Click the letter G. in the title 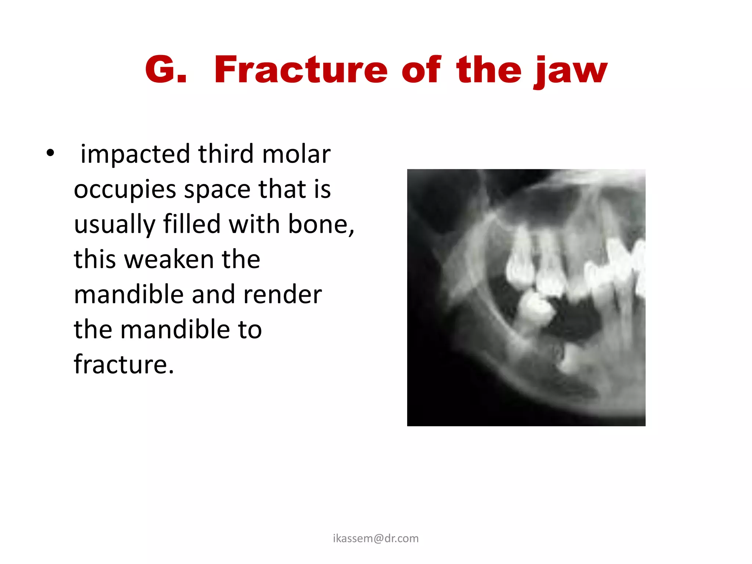pos(166,70)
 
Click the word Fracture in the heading pos(300,70)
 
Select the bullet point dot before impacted pos(50,153)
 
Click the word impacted pos(135,154)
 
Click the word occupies pos(125,189)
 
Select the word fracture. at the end pos(124,364)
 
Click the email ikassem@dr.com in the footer pos(376,538)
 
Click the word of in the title pos(421,70)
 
